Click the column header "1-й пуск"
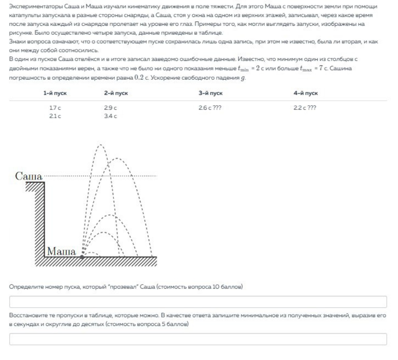[x=55, y=93]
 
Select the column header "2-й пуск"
[x=116, y=93]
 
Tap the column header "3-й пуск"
[x=210, y=93]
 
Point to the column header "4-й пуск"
[x=305, y=93]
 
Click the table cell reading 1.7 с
[x=55, y=108]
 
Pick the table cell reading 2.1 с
[x=55, y=116]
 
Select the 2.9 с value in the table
[x=110, y=108]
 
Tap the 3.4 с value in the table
[x=110, y=116]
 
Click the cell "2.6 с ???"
[x=210, y=108]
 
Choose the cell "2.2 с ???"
[x=305, y=108]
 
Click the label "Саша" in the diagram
[x=29, y=176]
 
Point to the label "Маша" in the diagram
[x=61, y=251]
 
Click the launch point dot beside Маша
[x=82, y=257]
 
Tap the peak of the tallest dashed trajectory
[x=100, y=145]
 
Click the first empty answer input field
[x=198, y=302]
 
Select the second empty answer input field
[x=198, y=339]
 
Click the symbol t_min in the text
[x=243, y=69]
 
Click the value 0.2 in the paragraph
[x=139, y=77]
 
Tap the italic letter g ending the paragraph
[x=243, y=78]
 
